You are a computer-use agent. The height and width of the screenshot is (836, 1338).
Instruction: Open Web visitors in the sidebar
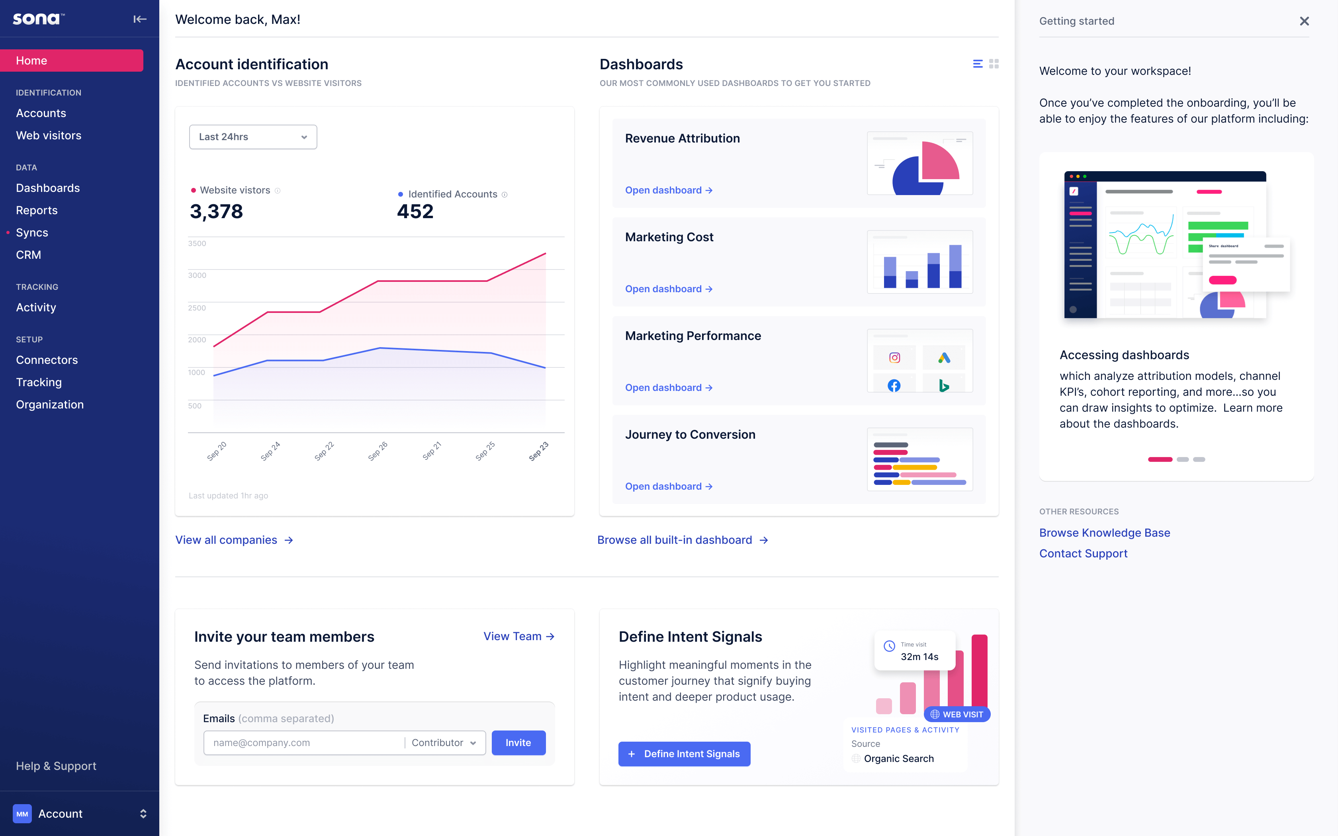pos(49,135)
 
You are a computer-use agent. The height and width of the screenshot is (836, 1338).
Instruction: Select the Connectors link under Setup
pos(47,360)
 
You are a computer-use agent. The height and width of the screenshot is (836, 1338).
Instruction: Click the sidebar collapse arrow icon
pos(140,20)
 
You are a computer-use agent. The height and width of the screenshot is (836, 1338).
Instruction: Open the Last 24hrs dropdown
pos(253,137)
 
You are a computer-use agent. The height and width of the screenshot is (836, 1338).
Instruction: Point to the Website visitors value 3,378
pos(216,212)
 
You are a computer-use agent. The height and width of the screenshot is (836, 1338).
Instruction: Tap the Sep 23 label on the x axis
pos(538,451)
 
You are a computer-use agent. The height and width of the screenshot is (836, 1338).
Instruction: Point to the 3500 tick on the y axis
pos(197,243)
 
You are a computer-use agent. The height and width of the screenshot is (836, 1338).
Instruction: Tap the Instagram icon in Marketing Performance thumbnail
pos(894,358)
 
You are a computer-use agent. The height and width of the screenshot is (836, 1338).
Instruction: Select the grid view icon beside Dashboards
pos(994,64)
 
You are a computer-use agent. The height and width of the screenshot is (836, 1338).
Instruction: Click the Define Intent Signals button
pos(684,754)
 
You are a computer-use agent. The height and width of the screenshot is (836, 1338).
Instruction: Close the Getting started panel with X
pos(1304,21)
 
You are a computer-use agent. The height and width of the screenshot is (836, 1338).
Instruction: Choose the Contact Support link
pos(1083,553)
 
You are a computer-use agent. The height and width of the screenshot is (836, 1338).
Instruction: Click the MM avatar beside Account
pos(22,814)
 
